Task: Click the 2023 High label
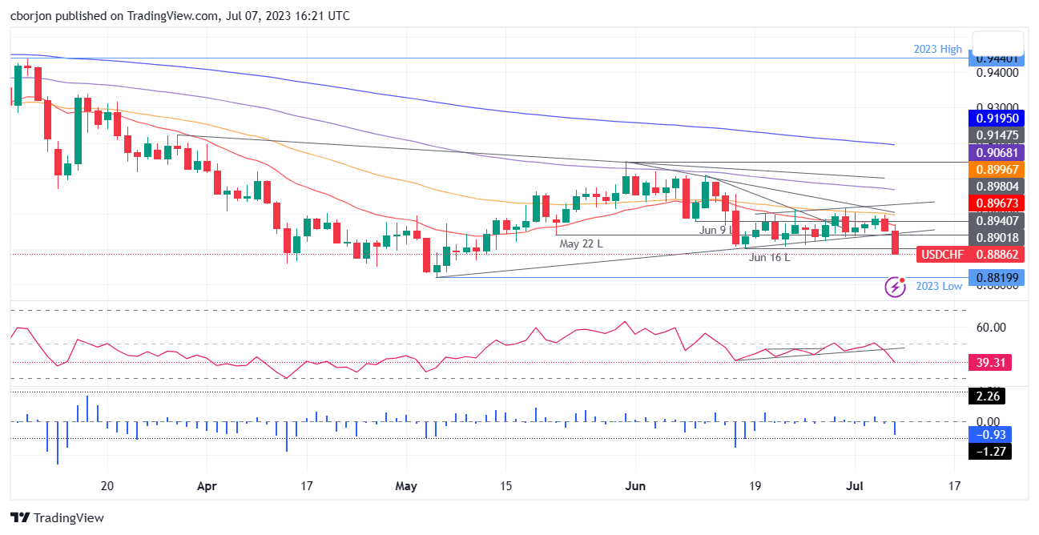point(937,49)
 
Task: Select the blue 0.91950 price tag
point(996,118)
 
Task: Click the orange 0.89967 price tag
point(996,170)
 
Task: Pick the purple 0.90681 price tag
point(996,152)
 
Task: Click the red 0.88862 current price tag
point(997,255)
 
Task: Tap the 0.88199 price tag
point(996,277)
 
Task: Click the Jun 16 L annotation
point(769,257)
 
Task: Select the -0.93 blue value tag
point(990,434)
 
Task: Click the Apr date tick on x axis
point(207,485)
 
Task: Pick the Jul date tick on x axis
point(854,485)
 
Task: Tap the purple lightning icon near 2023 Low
point(895,286)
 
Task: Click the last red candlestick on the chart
point(895,242)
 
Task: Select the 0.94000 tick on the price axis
point(996,73)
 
